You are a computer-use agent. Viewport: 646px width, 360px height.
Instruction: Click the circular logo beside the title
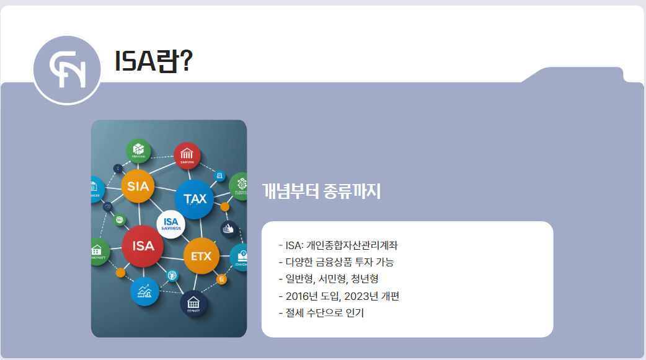(x=66, y=69)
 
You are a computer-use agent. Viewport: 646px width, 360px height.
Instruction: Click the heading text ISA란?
(x=153, y=61)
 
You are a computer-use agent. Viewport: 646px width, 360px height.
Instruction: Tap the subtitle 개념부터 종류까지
(x=321, y=191)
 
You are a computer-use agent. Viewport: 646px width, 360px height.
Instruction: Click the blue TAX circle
(x=195, y=199)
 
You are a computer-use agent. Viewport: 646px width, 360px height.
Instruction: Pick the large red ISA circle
(x=143, y=246)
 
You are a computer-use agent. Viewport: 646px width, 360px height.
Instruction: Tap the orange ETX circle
(x=201, y=255)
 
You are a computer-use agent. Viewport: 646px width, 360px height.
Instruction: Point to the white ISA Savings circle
(x=170, y=224)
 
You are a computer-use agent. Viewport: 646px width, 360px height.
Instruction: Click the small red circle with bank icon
(x=187, y=156)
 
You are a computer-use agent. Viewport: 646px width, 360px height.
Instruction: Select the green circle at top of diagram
(x=138, y=151)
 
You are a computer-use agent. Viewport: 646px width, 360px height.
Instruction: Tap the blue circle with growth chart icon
(x=145, y=291)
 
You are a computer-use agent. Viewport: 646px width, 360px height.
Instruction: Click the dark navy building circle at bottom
(x=193, y=304)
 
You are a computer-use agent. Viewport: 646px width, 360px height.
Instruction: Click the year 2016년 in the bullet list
(x=300, y=296)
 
